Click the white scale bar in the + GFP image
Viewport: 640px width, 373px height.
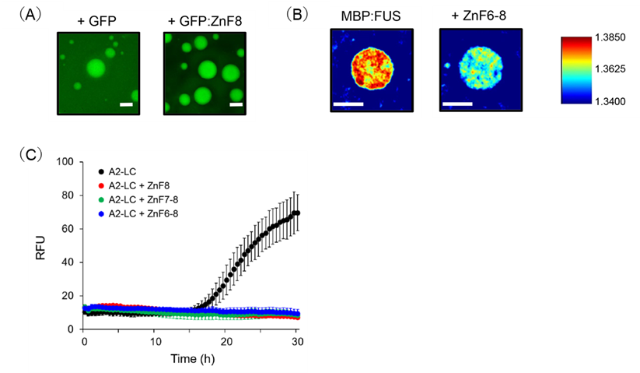[x=124, y=102]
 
